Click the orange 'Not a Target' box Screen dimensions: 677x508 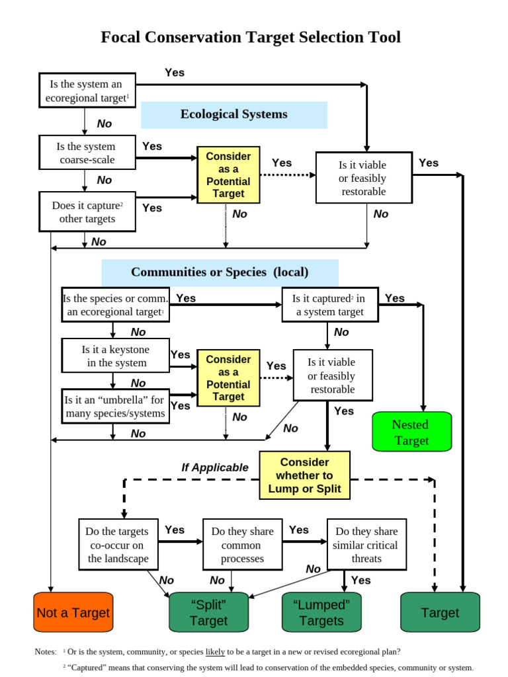pos(73,612)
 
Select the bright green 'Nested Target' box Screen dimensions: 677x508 pos(411,432)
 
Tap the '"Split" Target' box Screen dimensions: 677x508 pos(209,612)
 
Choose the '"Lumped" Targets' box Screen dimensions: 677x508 pos(321,612)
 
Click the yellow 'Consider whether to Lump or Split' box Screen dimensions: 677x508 pos(304,475)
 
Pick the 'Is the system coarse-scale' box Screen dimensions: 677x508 pos(87,153)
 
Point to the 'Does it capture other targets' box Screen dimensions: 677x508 pos(87,212)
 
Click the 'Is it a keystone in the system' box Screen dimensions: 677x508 pos(115,356)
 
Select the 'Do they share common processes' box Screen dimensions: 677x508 pos(242,545)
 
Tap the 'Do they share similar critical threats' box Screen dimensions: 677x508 pos(366,545)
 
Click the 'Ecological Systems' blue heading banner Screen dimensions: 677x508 pos(234,114)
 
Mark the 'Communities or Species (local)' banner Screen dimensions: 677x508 pos(220,272)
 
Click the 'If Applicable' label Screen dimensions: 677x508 pos(215,467)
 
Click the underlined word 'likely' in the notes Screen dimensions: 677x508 pos(215,651)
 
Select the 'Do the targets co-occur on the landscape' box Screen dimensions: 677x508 pos(118,545)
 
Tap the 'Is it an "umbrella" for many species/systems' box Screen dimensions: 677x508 pos(115,407)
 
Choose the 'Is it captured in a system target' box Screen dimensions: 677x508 pos(329,305)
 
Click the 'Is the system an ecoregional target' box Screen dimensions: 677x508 pos(87,91)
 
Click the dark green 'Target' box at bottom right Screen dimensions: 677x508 pos(440,612)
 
